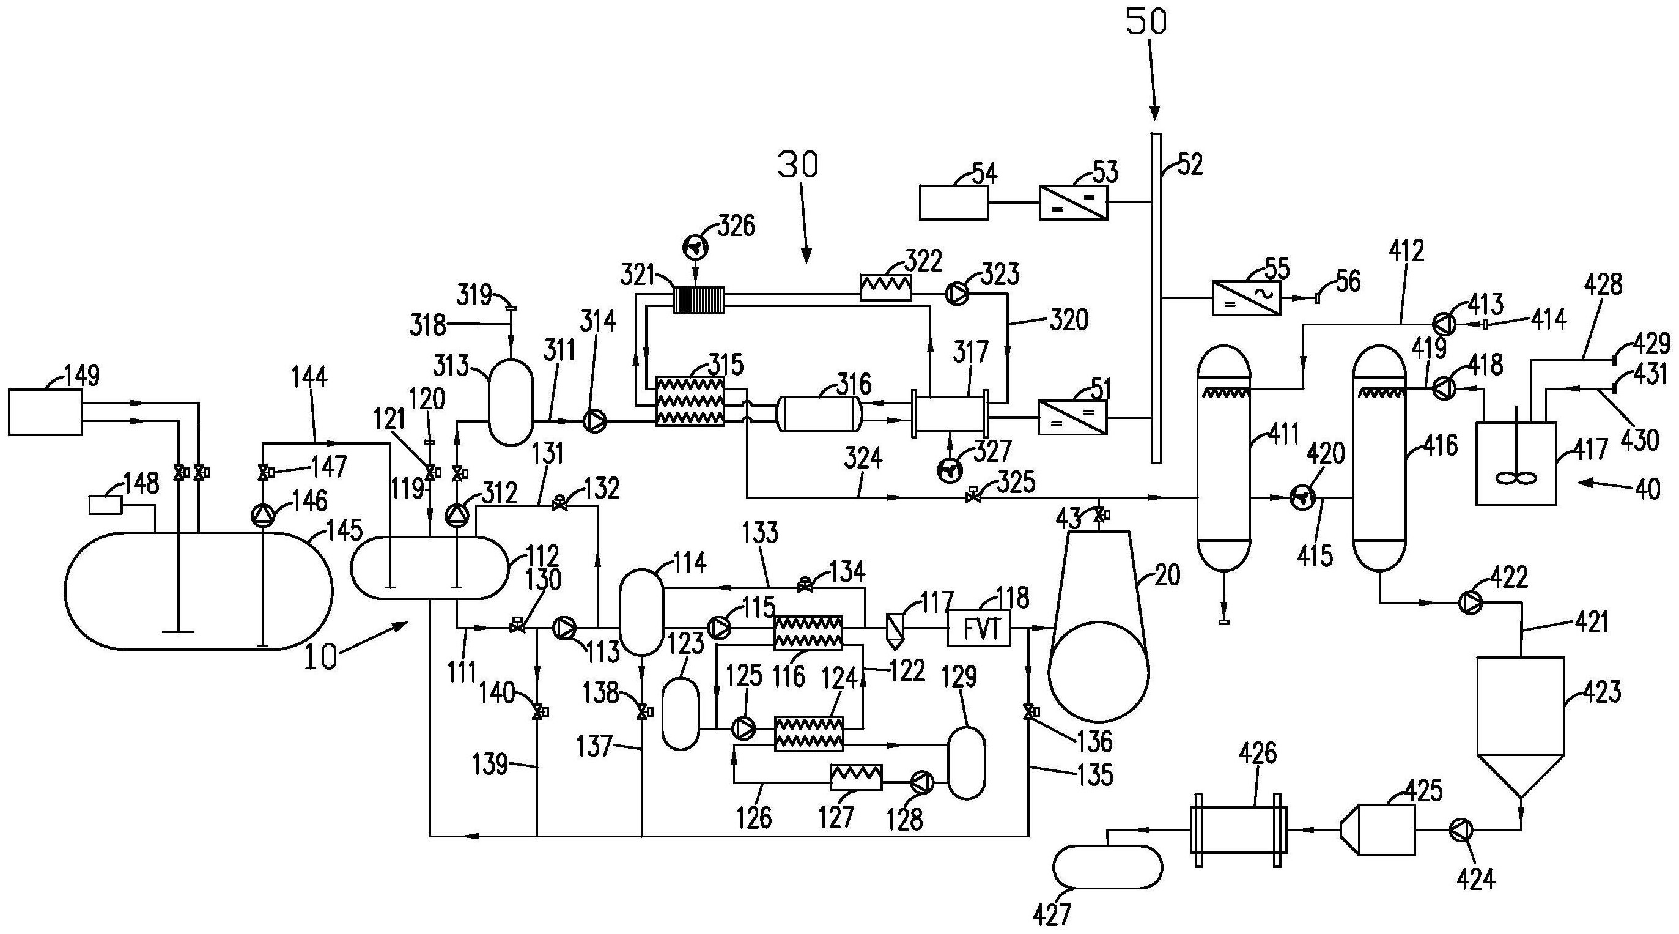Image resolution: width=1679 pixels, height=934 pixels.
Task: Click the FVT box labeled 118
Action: click(978, 628)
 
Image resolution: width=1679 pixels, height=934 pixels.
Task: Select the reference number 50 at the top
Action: click(1146, 22)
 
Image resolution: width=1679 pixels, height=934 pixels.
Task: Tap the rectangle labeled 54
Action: click(953, 202)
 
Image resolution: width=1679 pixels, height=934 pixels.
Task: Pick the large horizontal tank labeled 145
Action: click(199, 590)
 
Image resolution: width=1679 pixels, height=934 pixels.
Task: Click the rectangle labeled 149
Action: click(45, 412)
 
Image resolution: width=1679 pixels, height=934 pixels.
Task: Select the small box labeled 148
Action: click(105, 505)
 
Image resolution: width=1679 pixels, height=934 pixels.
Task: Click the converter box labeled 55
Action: click(1245, 298)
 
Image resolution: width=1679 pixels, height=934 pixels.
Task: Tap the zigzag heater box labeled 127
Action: click(856, 777)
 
